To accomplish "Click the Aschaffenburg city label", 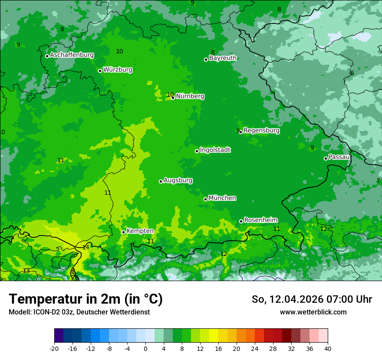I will tap(72, 55).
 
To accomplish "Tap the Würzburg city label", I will tap(118, 70).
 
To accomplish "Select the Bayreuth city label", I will tap(223, 58).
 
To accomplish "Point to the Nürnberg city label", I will tap(190, 96).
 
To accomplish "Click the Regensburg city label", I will tap(261, 131).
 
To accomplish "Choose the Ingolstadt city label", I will tap(215, 150).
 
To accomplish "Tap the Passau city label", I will tap(339, 157).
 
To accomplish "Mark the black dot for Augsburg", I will tap(161, 181).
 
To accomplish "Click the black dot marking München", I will tap(205, 199).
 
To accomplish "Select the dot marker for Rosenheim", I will tap(241, 221).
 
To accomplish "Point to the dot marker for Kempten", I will tap(123, 232).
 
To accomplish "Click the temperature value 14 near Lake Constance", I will tap(86, 247).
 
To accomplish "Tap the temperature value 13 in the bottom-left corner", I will tap(26, 271).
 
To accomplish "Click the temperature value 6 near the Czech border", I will tap(352, 73).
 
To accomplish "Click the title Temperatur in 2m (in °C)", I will tap(86, 299).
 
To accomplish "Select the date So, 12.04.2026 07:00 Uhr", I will tap(312, 299).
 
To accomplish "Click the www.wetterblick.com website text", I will tap(313, 312).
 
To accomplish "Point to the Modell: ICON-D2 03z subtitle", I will tap(79, 312).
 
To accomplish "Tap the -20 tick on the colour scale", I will tap(54, 348).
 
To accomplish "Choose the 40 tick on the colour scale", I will tap(328, 348).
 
